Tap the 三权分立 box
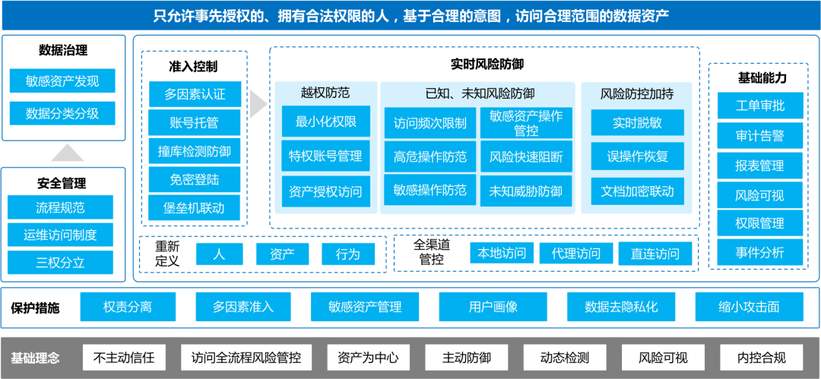[x=60, y=263]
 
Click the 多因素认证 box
[x=195, y=94]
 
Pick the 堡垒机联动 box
[x=195, y=207]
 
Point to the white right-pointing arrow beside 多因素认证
[x=258, y=105]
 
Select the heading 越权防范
[x=325, y=93]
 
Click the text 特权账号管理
[x=325, y=156]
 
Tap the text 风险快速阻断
[x=526, y=157]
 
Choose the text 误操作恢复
[x=637, y=156]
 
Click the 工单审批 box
[x=759, y=106]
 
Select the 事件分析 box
[x=759, y=252]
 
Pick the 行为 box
[x=347, y=254]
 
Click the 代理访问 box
[x=570, y=254]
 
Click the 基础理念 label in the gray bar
[x=35, y=358]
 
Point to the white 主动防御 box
[x=467, y=358]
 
